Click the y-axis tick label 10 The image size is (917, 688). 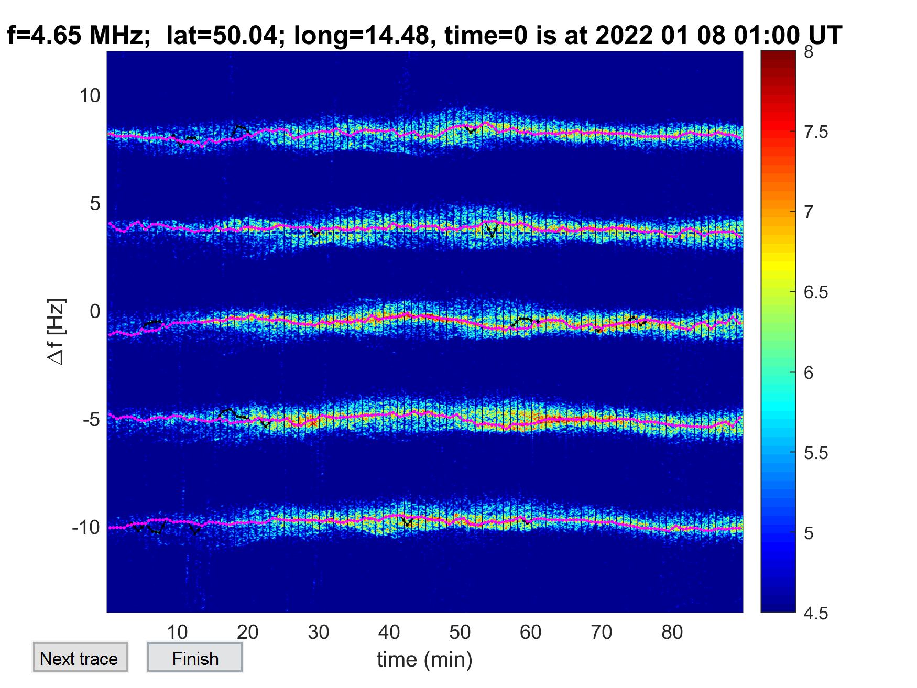pos(90,95)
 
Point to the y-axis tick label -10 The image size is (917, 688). pos(86,527)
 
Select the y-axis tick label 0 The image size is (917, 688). pos(95,311)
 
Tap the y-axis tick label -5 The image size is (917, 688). pos(91,419)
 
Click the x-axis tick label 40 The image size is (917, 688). pos(389,632)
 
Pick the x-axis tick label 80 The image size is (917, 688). pos(672,632)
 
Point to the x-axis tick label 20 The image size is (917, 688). pos(247,632)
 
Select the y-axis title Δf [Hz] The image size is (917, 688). pos(57,331)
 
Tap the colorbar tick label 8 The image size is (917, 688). pos(809,52)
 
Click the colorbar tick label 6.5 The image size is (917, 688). pos(816,292)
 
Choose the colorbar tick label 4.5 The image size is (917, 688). pos(816,613)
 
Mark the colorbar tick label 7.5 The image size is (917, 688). pos(816,132)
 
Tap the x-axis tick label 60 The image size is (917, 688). pos(530,632)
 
